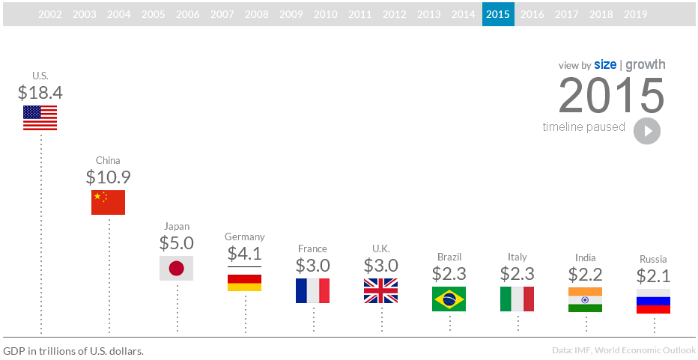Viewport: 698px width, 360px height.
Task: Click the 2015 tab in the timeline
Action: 498,14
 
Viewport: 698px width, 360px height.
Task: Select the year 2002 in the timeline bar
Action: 50,14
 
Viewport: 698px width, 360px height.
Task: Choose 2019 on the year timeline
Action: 635,14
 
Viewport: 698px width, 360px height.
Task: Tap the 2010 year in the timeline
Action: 325,14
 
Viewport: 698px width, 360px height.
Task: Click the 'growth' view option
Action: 646,65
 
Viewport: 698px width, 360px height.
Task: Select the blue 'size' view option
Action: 605,65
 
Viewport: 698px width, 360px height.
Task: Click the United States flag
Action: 40,118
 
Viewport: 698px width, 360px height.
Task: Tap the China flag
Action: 108,202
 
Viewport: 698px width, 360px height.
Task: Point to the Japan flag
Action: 177,268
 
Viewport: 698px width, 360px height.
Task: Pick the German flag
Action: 244,278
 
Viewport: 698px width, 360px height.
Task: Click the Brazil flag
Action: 449,299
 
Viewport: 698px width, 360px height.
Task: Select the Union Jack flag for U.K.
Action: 380,290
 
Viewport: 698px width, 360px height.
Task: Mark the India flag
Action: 585,299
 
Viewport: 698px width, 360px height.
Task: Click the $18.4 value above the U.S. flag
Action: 40,93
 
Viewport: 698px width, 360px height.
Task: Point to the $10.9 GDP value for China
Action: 108,177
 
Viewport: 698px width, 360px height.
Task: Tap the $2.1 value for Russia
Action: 653,275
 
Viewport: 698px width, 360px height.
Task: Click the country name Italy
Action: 517,257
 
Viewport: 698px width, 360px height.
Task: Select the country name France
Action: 312,248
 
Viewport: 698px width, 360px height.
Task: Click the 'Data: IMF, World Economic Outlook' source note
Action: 623,350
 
